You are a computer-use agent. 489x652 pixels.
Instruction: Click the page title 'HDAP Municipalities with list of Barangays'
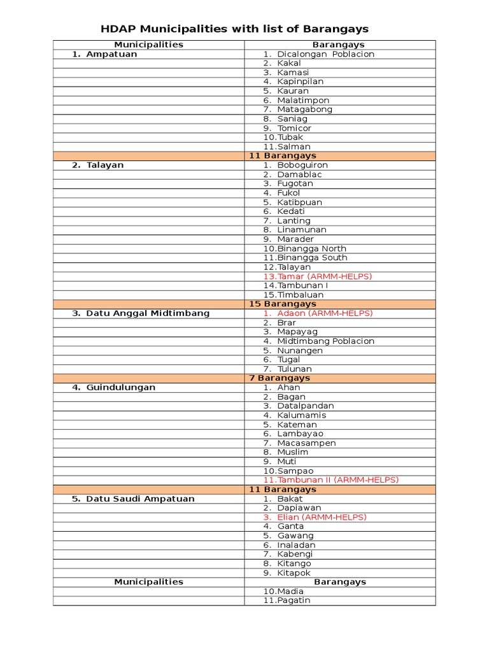[x=235, y=29]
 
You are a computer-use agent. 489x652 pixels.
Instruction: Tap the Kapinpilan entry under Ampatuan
[x=300, y=81]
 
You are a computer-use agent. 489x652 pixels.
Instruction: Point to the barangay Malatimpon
[x=303, y=100]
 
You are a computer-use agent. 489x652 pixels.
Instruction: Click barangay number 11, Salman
[x=294, y=146]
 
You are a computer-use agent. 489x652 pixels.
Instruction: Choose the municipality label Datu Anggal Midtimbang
[x=148, y=313]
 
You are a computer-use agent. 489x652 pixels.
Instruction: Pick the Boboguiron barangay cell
[x=302, y=165]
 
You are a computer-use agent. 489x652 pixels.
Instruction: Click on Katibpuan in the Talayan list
[x=299, y=202]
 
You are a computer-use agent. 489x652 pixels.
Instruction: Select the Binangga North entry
[x=312, y=248]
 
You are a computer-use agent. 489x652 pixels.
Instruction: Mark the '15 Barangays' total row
[x=282, y=304]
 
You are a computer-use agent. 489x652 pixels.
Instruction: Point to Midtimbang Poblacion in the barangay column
[x=325, y=341]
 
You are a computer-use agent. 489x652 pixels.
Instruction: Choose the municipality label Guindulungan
[x=120, y=387]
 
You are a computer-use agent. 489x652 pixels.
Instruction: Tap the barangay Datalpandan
[x=305, y=406]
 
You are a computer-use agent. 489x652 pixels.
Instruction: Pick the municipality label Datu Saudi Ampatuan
[x=140, y=499]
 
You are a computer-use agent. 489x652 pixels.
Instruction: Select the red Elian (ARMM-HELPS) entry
[x=322, y=517]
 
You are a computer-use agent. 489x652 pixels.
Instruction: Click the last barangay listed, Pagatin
[x=294, y=600]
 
